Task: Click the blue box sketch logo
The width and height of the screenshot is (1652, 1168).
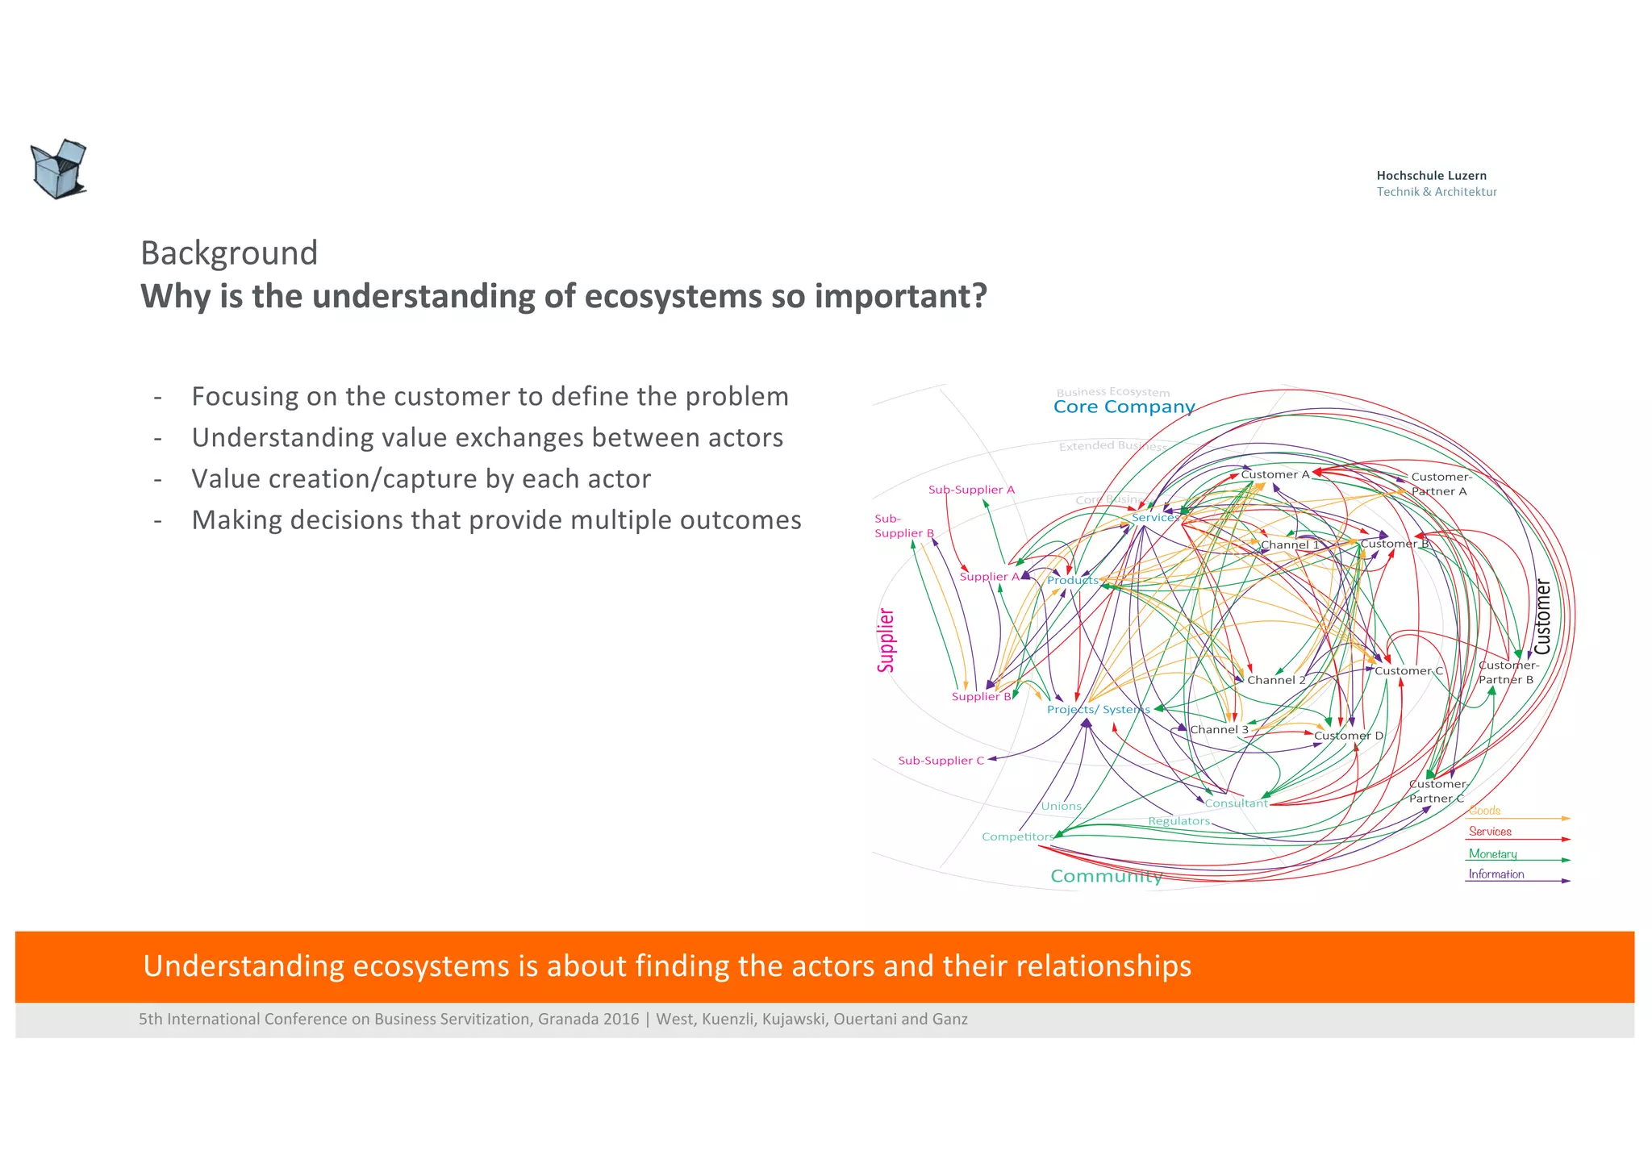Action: (x=58, y=169)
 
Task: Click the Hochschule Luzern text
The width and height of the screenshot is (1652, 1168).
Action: (x=1431, y=175)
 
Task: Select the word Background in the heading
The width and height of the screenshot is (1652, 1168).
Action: (x=229, y=253)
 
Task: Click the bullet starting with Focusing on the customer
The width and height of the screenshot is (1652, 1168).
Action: (x=490, y=397)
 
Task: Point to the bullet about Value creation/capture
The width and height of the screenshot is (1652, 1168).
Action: (x=420, y=479)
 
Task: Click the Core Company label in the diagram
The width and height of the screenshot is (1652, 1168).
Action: (x=1124, y=407)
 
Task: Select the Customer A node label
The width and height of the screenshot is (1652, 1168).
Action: (x=1274, y=474)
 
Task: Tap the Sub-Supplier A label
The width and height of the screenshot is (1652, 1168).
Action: (x=971, y=490)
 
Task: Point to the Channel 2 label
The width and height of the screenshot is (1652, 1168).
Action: (x=1276, y=680)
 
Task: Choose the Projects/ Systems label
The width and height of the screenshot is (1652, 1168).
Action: (x=1098, y=710)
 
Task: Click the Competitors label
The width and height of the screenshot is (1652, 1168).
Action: (x=1017, y=836)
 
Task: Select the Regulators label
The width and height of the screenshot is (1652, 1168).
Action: (x=1179, y=821)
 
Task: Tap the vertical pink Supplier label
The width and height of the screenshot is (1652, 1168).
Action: (x=886, y=640)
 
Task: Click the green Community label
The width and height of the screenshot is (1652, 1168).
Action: (x=1106, y=876)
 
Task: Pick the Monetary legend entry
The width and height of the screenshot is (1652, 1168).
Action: (x=1492, y=853)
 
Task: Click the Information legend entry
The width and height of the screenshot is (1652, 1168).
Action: (x=1496, y=874)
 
